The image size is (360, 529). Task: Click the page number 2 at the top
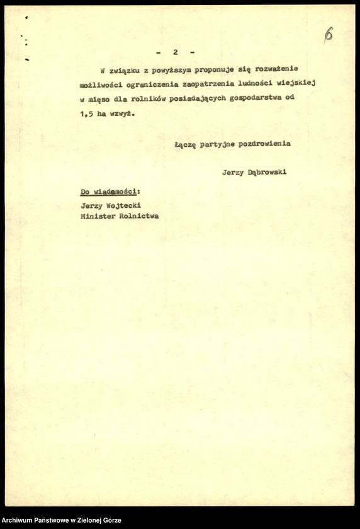pos(176,52)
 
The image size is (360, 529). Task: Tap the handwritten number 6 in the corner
pos(328,35)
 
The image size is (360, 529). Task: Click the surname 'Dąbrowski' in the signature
pos(267,172)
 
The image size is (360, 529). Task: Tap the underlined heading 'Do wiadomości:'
pos(110,191)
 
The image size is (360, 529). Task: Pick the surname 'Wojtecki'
pos(128,205)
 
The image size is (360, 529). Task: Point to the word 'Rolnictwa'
pos(140,216)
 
